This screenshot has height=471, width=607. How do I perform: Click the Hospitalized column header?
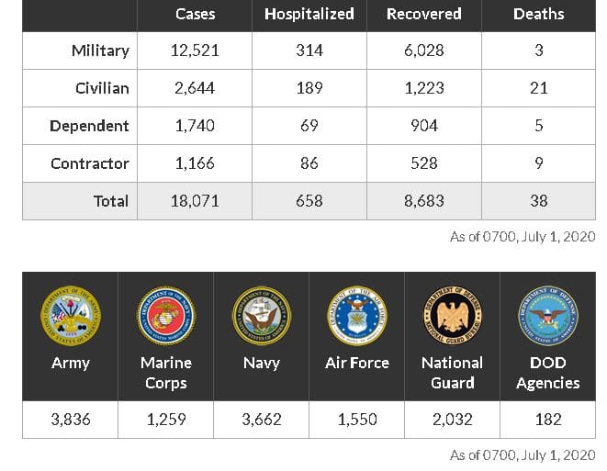[x=309, y=15]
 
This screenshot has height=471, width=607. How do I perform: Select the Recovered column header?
[x=423, y=15]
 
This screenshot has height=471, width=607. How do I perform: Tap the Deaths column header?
[x=538, y=15]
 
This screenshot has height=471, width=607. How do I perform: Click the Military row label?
[x=100, y=50]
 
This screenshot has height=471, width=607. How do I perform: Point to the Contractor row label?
[x=89, y=163]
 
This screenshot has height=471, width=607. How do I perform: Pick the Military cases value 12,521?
[x=195, y=50]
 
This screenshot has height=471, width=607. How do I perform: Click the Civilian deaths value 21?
[x=538, y=88]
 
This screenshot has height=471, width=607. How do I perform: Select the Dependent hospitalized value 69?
[x=309, y=126]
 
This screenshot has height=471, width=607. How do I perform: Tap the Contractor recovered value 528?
[x=423, y=163]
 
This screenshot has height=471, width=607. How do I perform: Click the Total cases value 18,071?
[x=195, y=201]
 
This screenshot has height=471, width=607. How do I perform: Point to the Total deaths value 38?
[x=538, y=201]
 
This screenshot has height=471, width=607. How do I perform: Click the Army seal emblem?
[x=70, y=315]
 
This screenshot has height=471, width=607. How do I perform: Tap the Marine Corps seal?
[x=165, y=315]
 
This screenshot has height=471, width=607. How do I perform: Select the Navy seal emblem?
[x=261, y=315]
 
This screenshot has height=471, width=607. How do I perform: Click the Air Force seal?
[x=356, y=315]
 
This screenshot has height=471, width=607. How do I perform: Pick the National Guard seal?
[x=452, y=315]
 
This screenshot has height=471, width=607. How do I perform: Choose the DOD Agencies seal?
[x=547, y=315]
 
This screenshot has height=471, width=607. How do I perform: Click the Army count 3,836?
[x=70, y=420]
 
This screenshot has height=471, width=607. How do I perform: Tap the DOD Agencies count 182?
[x=547, y=420]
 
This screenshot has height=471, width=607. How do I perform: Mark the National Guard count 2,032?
[x=452, y=420]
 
